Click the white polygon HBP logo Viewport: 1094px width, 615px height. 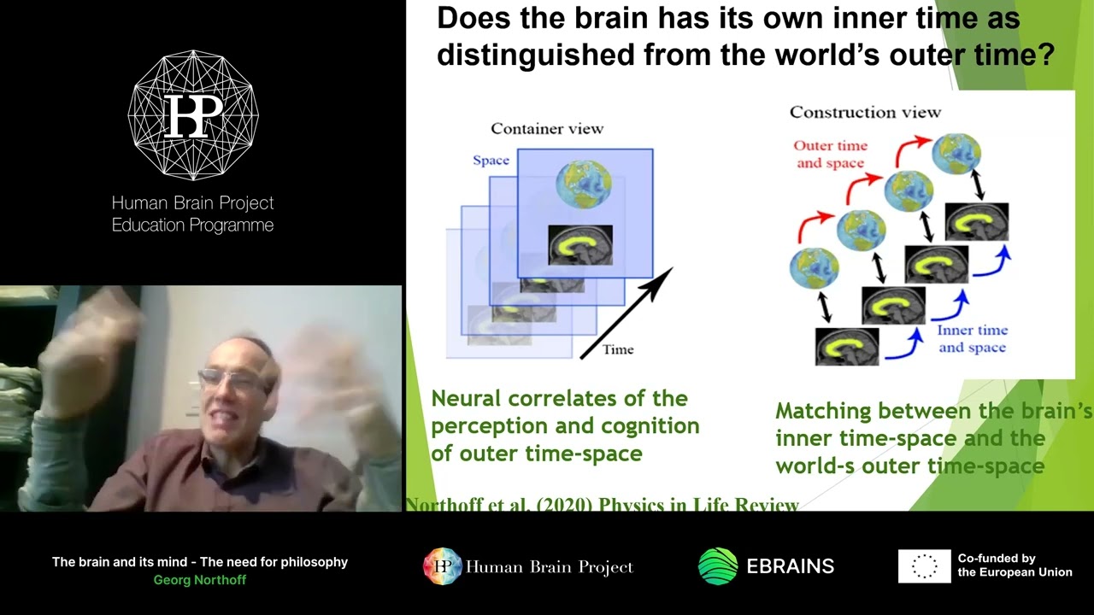click(x=193, y=115)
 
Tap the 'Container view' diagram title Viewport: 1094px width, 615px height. click(x=547, y=129)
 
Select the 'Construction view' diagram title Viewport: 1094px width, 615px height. click(x=865, y=112)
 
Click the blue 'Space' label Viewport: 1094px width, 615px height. click(x=491, y=161)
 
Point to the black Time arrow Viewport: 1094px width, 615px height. click(x=626, y=313)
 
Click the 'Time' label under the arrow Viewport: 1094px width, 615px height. click(x=618, y=349)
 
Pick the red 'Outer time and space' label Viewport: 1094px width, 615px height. click(x=830, y=155)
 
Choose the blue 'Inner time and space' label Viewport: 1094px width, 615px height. click(x=972, y=339)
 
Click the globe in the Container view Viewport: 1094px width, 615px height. click(x=584, y=184)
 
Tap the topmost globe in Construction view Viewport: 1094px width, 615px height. click(x=956, y=155)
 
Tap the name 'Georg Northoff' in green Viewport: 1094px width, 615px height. click(x=200, y=580)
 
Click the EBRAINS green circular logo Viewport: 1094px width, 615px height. click(x=718, y=566)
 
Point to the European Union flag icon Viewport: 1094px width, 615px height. click(x=924, y=566)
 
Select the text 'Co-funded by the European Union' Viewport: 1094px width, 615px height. click(x=1015, y=565)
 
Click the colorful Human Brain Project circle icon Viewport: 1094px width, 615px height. click(x=443, y=566)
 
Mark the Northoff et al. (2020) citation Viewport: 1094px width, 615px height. click(x=603, y=505)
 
